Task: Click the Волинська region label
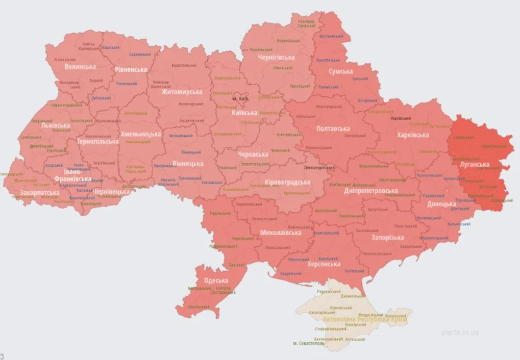81,67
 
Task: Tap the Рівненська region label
131,69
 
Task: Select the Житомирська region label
182,92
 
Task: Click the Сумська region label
340,71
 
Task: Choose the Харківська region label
413,135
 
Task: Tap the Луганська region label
474,164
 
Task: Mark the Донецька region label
441,204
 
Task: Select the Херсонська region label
324,264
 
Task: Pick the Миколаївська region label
280,233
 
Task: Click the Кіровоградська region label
288,182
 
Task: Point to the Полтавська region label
333,129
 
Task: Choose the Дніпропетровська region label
378,191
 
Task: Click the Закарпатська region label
39,193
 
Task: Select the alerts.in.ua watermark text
460,332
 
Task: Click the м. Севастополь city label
309,343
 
